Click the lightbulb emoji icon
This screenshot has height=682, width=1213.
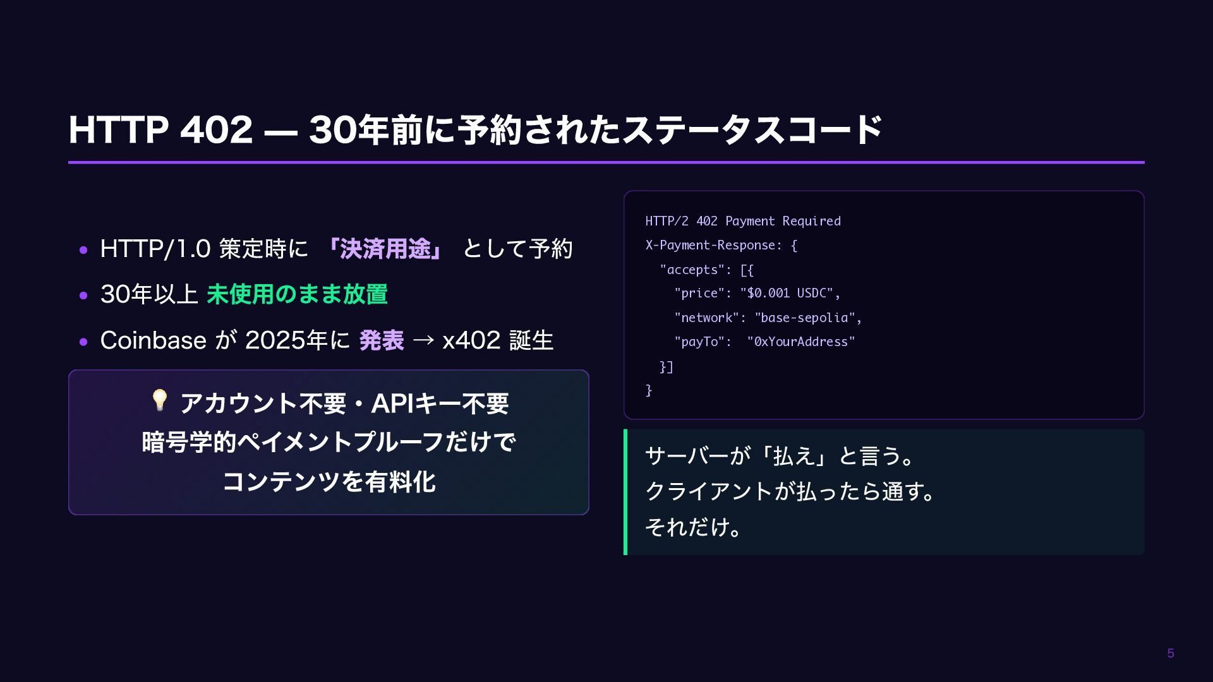[159, 400]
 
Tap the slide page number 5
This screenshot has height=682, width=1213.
[1171, 654]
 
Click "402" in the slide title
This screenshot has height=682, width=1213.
[216, 130]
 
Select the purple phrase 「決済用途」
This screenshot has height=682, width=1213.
[385, 249]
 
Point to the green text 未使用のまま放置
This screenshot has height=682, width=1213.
[297, 294]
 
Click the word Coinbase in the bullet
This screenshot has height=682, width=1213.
[153, 340]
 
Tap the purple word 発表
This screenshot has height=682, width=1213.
[382, 340]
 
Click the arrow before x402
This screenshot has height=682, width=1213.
[423, 340]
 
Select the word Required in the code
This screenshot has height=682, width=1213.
[811, 221]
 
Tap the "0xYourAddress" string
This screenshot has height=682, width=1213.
[800, 342]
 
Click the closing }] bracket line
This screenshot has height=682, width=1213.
[667, 367]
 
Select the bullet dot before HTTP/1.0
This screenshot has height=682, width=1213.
[83, 250]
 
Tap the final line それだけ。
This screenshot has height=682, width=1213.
[693, 527]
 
